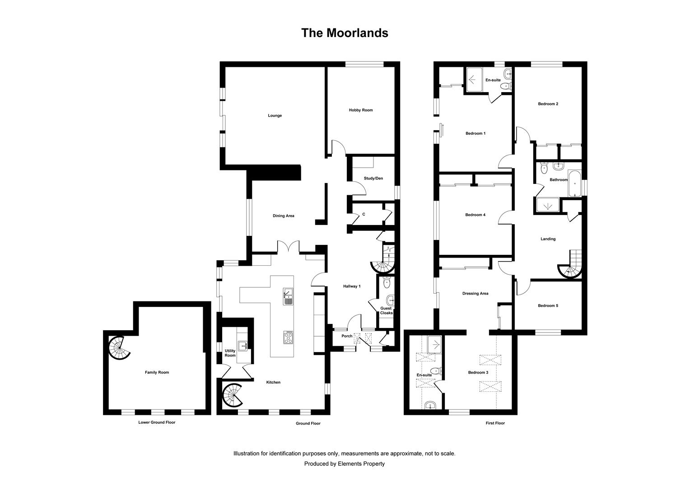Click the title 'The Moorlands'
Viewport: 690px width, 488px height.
[x=345, y=33]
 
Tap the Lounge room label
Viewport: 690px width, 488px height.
[x=275, y=116]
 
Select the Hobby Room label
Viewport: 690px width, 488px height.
[x=361, y=110]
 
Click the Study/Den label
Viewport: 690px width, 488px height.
[x=373, y=178]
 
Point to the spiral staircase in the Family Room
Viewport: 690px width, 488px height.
[x=119, y=348]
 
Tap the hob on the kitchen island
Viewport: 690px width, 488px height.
[x=288, y=337]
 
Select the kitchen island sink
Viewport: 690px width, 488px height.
[x=288, y=296]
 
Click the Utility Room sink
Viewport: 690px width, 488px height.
[x=242, y=346]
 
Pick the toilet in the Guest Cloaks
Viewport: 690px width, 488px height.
[x=386, y=282]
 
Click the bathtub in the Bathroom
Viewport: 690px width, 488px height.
[x=574, y=183]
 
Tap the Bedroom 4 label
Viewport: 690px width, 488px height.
[x=476, y=215]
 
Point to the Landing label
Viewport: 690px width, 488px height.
[x=548, y=239]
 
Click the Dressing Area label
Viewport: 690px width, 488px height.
[x=476, y=294]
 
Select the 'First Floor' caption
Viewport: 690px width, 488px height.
[x=495, y=423]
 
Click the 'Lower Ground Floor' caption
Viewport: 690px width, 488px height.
[x=157, y=422]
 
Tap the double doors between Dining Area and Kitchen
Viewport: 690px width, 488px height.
[x=288, y=247]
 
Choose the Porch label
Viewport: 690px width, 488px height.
[x=347, y=336]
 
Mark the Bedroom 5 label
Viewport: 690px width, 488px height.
[x=548, y=306]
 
